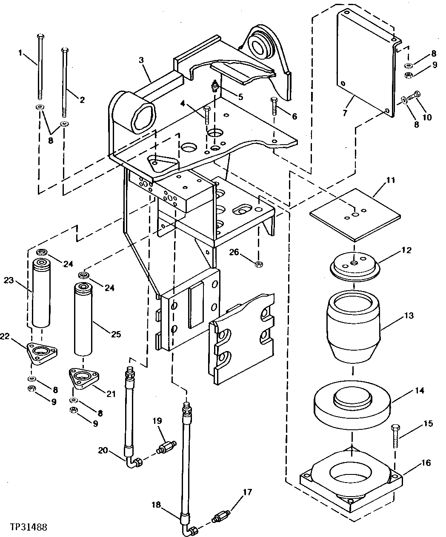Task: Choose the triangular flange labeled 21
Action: point(84,378)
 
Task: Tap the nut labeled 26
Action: point(257,264)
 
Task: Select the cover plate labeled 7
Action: point(366,64)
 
